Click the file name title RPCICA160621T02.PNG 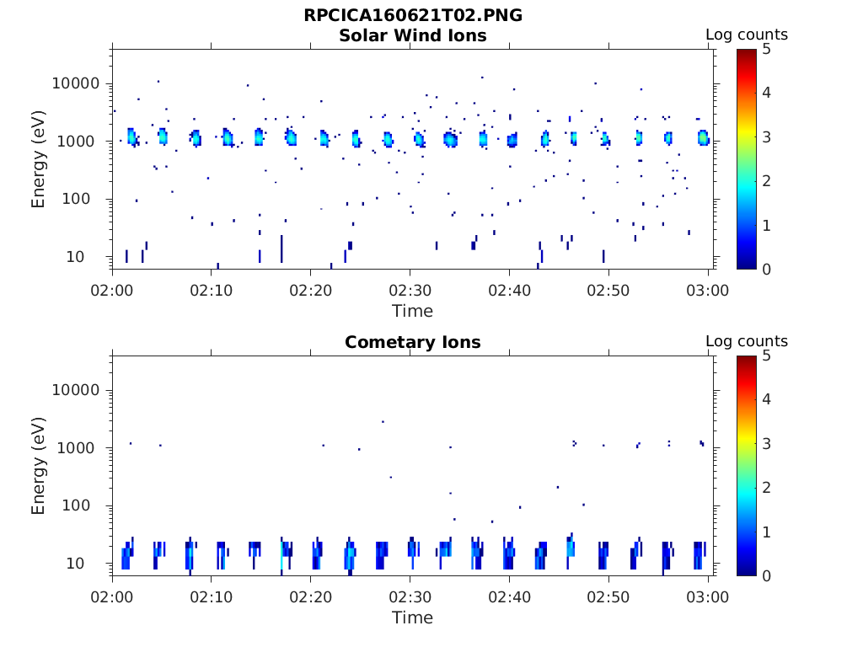click(x=412, y=16)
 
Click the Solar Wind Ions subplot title click(x=412, y=35)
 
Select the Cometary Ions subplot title click(x=412, y=342)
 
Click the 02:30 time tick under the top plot click(x=410, y=290)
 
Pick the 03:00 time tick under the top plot click(x=708, y=290)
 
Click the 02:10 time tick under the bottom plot click(x=212, y=596)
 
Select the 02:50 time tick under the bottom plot click(x=608, y=596)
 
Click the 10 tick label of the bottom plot click(x=92, y=563)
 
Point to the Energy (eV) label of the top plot click(x=39, y=158)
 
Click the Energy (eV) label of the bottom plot click(x=39, y=465)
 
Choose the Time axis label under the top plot click(x=412, y=311)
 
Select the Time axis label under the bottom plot click(x=412, y=618)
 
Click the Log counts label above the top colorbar click(x=746, y=35)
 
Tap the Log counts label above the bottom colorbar click(x=746, y=342)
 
